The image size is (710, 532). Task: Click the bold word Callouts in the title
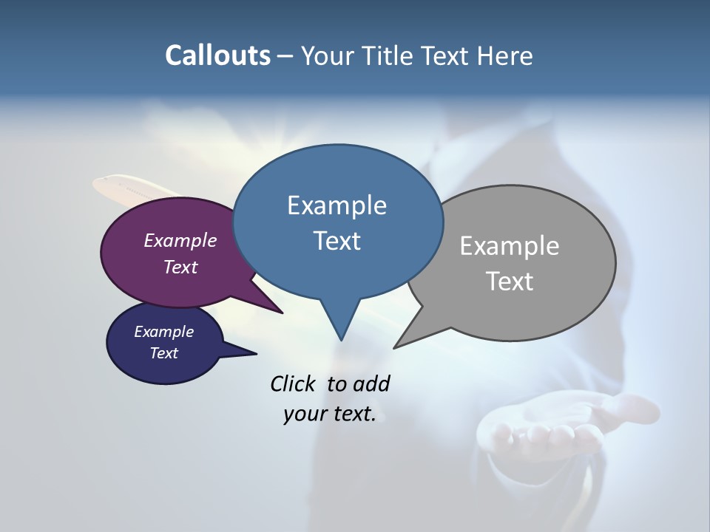pyautogui.click(x=217, y=55)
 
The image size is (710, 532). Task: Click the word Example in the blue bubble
pyautogui.click(x=337, y=205)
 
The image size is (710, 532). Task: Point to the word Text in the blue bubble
pyautogui.click(x=337, y=241)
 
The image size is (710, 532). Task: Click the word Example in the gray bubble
pyautogui.click(x=510, y=246)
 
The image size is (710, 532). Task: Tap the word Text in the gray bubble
pyautogui.click(x=510, y=282)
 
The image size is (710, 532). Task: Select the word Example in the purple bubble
pyautogui.click(x=180, y=241)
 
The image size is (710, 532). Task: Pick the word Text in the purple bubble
pyautogui.click(x=180, y=267)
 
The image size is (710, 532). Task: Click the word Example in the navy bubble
pyautogui.click(x=163, y=332)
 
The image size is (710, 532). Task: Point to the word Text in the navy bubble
pyautogui.click(x=163, y=353)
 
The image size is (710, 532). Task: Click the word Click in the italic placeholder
pyautogui.click(x=294, y=383)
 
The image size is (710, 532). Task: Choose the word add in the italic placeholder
pyautogui.click(x=371, y=383)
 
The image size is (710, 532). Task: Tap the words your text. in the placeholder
pyautogui.click(x=330, y=414)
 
